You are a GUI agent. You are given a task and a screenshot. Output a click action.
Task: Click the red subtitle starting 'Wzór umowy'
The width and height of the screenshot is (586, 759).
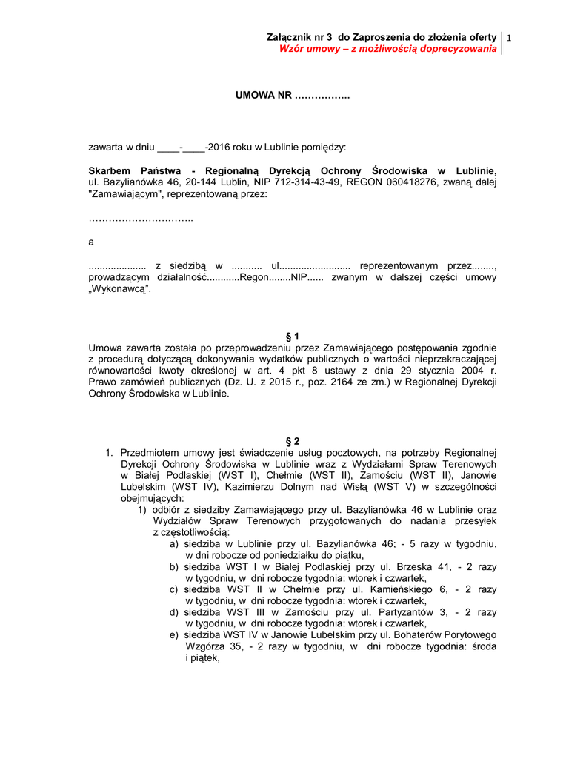pyautogui.click(x=387, y=48)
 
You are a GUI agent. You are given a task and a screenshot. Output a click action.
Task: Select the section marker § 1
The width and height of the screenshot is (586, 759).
pyautogui.click(x=293, y=337)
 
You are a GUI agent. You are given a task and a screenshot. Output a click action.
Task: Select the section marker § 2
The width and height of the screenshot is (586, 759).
pyautogui.click(x=293, y=441)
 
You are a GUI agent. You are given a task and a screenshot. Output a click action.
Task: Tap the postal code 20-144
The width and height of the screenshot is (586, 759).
pyautogui.click(x=202, y=182)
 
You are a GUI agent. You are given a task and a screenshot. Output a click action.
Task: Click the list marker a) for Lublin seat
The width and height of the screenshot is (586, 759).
pyautogui.click(x=174, y=543)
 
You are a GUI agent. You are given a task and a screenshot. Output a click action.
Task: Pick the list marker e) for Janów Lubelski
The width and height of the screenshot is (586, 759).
pyautogui.click(x=174, y=635)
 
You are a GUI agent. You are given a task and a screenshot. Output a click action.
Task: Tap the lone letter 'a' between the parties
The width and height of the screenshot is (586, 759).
pyautogui.click(x=91, y=242)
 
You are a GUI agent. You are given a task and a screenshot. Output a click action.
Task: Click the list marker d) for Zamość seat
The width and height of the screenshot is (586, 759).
pyautogui.click(x=174, y=612)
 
